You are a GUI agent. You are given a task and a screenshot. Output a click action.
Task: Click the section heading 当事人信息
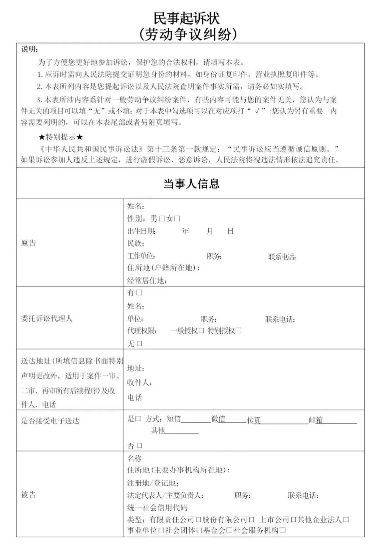(191, 184)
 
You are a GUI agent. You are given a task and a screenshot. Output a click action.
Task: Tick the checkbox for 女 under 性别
(177, 219)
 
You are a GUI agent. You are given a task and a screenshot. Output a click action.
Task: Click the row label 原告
(28, 243)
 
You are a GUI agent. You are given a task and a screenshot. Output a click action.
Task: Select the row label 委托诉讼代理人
(47, 318)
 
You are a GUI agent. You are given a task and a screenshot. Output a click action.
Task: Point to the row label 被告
(28, 494)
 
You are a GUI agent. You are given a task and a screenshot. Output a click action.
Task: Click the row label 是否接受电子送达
(50, 421)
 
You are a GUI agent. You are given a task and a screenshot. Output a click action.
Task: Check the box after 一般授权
(201, 331)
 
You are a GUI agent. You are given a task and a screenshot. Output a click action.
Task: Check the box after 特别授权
(239, 331)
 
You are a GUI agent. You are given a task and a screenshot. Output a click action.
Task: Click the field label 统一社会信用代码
(157, 508)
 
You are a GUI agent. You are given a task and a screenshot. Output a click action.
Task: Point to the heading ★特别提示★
(61, 137)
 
